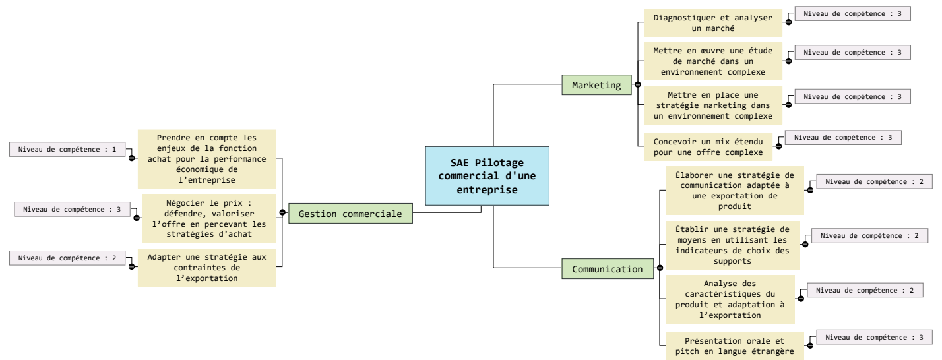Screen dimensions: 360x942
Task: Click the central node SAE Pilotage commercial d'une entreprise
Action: point(487,175)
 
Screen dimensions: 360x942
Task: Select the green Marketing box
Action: point(596,85)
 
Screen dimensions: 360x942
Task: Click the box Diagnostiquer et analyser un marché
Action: point(712,22)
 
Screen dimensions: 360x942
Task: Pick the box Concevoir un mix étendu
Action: point(708,146)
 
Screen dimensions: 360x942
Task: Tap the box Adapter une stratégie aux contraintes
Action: point(206,267)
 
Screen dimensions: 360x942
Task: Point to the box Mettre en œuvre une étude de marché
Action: point(712,61)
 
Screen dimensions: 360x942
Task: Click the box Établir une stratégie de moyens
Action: point(732,245)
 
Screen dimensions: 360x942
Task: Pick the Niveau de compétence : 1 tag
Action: point(68,150)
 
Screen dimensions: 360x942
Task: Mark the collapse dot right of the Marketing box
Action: point(637,85)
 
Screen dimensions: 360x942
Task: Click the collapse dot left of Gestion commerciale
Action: point(282,212)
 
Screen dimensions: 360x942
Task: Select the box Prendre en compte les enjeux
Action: point(206,159)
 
